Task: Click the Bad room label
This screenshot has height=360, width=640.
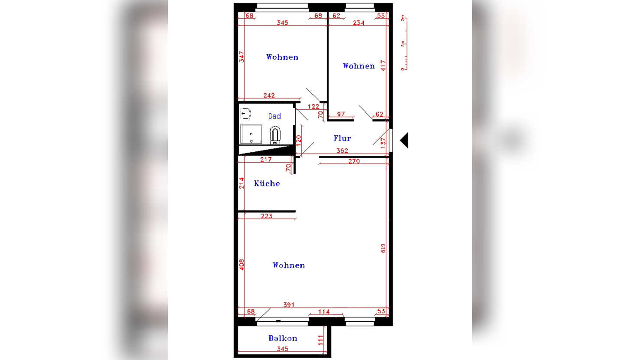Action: tap(274, 116)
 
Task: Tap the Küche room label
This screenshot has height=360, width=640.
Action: tap(267, 183)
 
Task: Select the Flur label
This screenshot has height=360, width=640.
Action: tap(342, 138)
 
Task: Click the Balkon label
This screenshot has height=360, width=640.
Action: tap(283, 338)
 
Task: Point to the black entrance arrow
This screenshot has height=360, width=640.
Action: tap(404, 141)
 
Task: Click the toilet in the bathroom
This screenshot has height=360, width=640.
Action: tap(275, 135)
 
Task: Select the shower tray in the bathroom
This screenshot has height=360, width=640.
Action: tap(251, 134)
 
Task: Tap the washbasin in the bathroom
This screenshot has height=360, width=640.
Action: tap(245, 114)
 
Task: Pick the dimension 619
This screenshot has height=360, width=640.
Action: tap(383, 248)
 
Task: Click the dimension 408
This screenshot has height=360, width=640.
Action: tap(242, 265)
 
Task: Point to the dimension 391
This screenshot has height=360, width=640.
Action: tap(289, 305)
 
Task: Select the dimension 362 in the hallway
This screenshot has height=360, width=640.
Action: tap(342, 151)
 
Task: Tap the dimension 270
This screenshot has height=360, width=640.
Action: tap(354, 161)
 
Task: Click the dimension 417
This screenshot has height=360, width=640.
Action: tap(383, 65)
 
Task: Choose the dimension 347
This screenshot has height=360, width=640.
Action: tap(242, 57)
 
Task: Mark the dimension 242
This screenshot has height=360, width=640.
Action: tap(269, 95)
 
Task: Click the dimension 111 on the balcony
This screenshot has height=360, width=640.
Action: tap(321, 340)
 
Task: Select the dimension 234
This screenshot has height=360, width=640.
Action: tap(359, 23)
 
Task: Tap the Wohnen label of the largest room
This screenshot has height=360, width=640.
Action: tap(288, 265)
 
